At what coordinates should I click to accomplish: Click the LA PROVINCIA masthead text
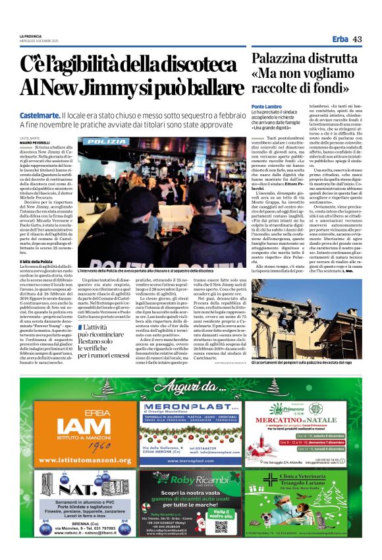[30, 36]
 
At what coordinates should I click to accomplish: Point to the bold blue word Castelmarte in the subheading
[40, 115]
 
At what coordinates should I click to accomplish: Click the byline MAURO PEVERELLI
[34, 142]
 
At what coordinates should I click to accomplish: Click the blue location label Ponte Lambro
[267, 106]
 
